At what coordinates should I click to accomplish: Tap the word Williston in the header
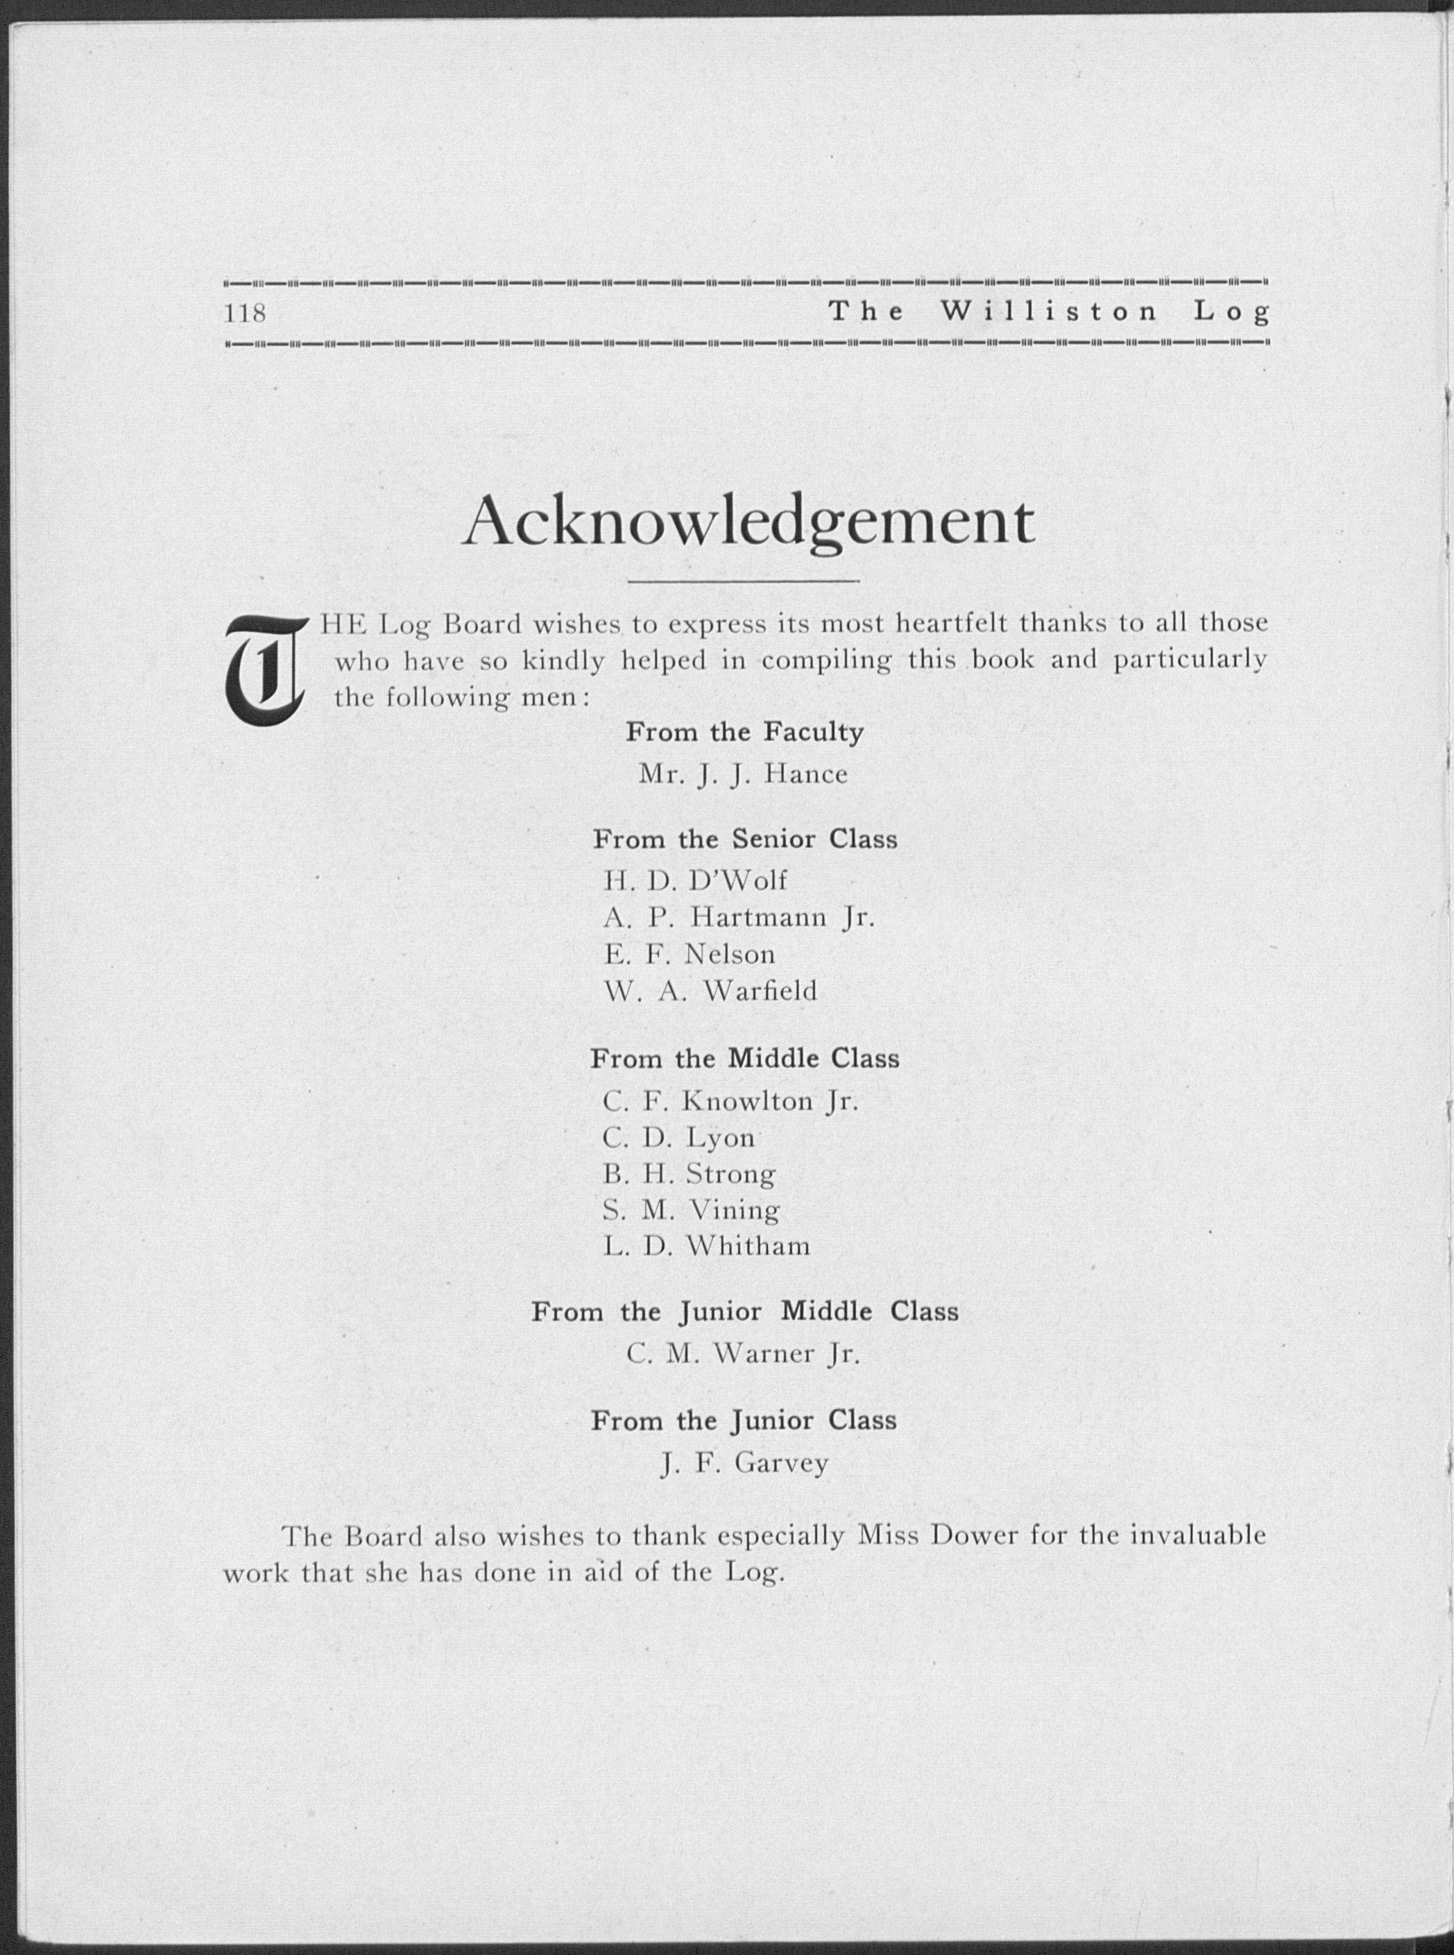(x=1048, y=311)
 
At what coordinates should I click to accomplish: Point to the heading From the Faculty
(x=744, y=733)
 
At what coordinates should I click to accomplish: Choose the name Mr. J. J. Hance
(x=744, y=775)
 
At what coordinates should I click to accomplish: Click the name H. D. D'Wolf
(x=695, y=880)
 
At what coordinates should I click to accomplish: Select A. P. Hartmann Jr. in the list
(x=738, y=918)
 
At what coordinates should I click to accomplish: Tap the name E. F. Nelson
(x=689, y=955)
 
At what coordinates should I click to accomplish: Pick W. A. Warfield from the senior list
(x=710, y=992)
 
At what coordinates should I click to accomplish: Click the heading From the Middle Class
(x=744, y=1059)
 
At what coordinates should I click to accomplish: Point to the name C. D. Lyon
(x=678, y=1139)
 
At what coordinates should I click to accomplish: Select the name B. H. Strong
(x=689, y=1175)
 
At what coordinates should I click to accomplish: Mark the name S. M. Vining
(x=691, y=1211)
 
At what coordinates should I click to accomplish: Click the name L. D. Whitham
(x=706, y=1247)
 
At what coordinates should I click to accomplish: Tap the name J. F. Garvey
(x=744, y=1463)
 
